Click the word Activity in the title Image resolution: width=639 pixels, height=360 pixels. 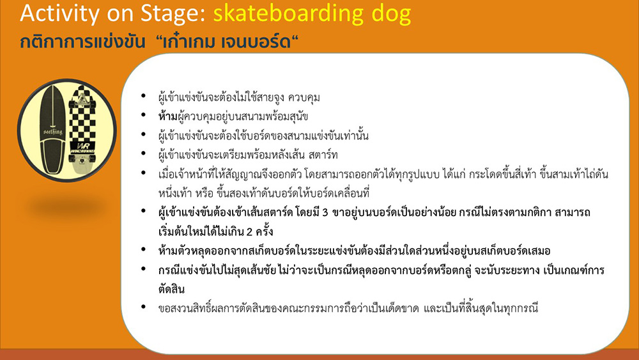(59, 13)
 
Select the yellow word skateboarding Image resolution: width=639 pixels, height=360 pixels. (289, 13)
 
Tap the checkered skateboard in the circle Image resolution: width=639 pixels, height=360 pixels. (82, 130)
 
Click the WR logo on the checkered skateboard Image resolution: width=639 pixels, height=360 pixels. (82, 147)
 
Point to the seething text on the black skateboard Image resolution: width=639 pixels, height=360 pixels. (52, 132)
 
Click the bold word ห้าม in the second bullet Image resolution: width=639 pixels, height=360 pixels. (168, 116)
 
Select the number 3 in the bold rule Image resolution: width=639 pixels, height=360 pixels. (325, 213)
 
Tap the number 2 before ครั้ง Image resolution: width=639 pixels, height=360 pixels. (249, 232)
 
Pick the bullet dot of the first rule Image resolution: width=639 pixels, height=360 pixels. (143, 96)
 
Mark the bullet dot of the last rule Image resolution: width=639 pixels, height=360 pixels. (143, 306)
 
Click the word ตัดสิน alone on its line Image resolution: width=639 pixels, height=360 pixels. (171, 289)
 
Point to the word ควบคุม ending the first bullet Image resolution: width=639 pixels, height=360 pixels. (304, 98)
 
